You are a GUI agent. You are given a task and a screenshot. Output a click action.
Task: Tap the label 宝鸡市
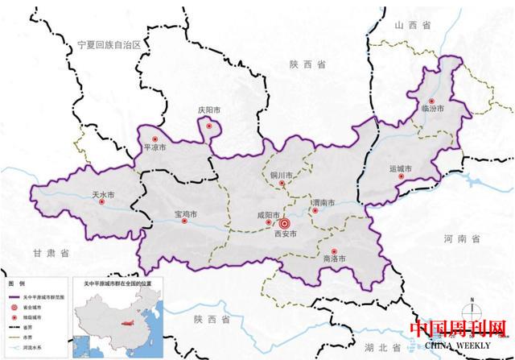[186, 213]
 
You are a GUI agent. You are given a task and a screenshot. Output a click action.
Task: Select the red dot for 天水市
[102, 203]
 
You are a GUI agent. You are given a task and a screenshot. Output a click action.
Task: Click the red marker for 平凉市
[147, 139]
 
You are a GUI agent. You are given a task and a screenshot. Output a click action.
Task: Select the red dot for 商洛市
[334, 251]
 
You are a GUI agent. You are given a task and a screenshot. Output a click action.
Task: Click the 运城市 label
[400, 169]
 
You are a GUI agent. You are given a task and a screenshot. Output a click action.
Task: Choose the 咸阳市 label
[267, 215]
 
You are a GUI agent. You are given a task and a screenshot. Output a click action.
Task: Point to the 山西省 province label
[409, 27]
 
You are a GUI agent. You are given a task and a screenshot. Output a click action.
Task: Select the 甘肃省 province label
[49, 253]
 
